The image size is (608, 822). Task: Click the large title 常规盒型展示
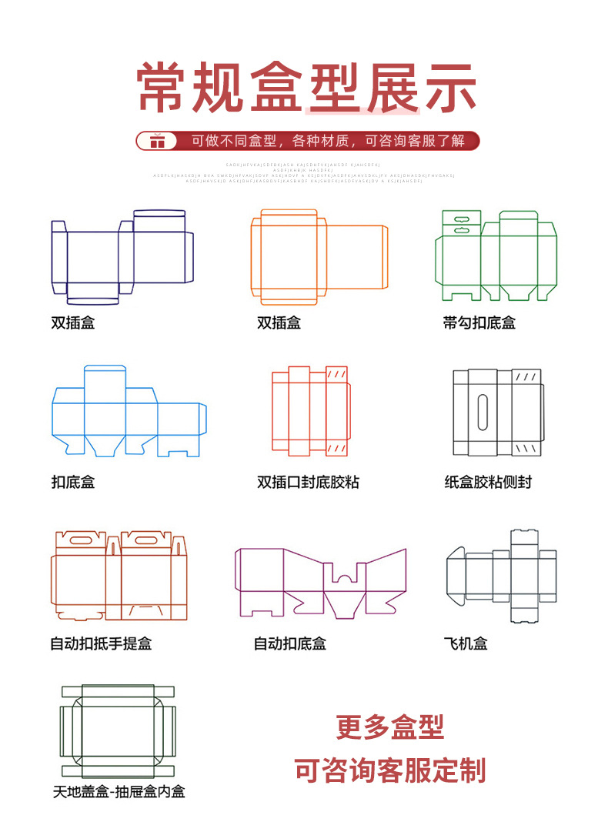(x=306, y=89)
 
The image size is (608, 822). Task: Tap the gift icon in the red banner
(x=158, y=141)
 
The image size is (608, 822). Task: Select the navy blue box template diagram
(x=122, y=256)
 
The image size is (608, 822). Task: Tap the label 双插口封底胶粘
(x=308, y=483)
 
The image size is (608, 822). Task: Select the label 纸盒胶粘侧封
(x=488, y=483)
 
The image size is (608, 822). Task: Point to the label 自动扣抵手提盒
(x=101, y=643)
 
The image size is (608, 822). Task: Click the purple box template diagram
(x=320, y=581)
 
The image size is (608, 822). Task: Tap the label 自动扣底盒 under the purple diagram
(x=290, y=643)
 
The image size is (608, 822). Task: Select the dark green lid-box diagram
(x=119, y=730)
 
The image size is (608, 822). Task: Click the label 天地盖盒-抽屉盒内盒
(x=119, y=791)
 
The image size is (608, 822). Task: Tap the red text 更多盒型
(x=390, y=727)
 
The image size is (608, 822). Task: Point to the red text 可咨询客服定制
(x=390, y=770)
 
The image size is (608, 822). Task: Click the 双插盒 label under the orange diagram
(x=279, y=322)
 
